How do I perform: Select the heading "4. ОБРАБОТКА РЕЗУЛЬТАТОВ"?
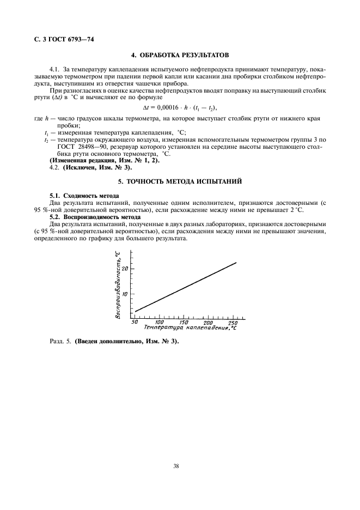click(x=180, y=56)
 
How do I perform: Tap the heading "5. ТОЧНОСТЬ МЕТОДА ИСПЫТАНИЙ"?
click(x=180, y=180)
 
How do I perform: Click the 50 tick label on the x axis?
click(x=135, y=323)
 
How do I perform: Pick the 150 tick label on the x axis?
click(x=184, y=323)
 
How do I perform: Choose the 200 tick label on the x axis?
click(x=209, y=323)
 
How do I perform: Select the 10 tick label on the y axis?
click(x=125, y=294)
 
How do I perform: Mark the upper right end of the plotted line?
click(x=236, y=263)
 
